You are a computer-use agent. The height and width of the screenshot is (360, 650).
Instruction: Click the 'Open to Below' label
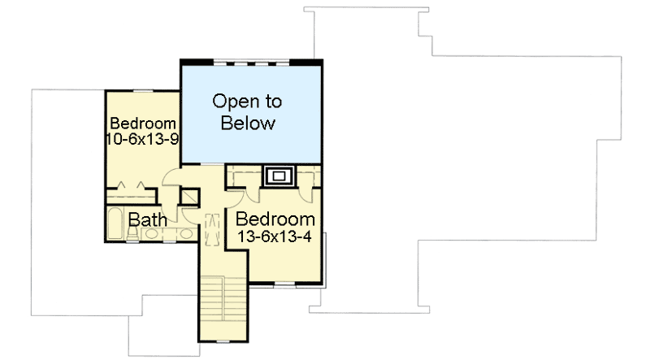247,113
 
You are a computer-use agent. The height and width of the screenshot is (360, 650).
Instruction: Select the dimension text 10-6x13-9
142,139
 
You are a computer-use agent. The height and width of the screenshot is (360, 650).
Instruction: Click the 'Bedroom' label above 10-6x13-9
143,124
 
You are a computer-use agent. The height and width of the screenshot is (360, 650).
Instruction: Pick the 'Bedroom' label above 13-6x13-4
275,219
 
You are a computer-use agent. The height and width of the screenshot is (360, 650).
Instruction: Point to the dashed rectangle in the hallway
213,228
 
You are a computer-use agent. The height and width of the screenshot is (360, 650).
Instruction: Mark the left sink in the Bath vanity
149,234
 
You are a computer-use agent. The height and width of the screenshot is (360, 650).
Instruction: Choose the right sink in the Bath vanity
185,234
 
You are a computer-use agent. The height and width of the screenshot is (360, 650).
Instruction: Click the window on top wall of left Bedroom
143,91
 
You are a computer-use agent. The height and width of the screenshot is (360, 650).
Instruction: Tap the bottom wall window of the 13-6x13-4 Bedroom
284,286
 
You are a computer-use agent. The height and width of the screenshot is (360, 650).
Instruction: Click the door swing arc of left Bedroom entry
173,183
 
